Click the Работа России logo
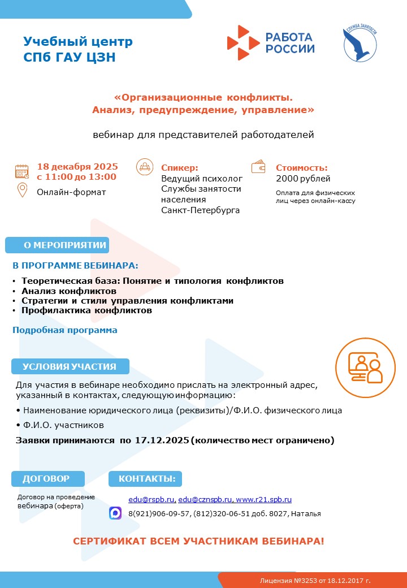tap(271, 42)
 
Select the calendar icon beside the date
tap(22, 171)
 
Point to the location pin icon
tap(23, 191)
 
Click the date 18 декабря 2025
tap(77, 166)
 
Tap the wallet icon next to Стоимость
tap(259, 167)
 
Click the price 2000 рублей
tap(303, 179)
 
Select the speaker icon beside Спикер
tap(145, 167)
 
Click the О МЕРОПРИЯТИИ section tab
tap(57, 245)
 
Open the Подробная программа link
tap(65, 330)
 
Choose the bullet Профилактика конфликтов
tap(86, 310)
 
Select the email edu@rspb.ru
tap(151, 500)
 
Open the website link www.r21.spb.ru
tap(263, 500)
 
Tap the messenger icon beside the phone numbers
tap(115, 513)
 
